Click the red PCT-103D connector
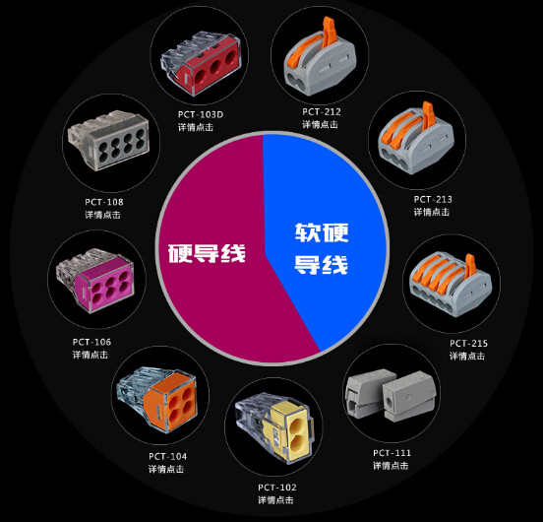(201, 62)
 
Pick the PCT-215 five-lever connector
(452, 285)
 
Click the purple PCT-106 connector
(95, 280)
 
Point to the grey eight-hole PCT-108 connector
(109, 141)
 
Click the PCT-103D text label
(201, 114)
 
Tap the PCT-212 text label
(322, 111)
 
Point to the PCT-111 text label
(392, 453)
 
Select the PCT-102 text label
(277, 488)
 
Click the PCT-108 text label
(104, 202)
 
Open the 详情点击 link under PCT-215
(467, 356)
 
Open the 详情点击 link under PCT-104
(166, 469)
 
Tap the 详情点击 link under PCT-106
(90, 355)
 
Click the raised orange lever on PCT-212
(329, 32)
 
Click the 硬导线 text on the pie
(207, 253)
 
